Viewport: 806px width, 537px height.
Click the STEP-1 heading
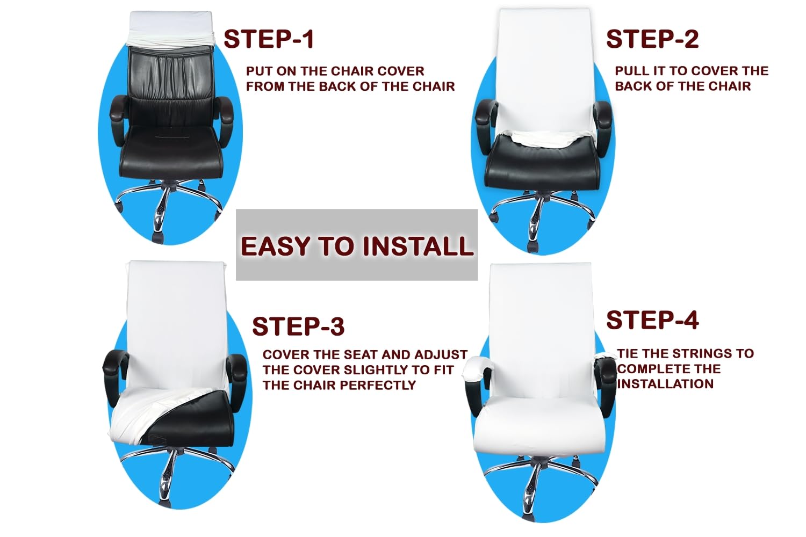[269, 39]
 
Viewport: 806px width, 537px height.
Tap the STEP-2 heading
[652, 39]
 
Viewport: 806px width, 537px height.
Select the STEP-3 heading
[298, 326]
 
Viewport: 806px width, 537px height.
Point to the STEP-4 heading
[652, 320]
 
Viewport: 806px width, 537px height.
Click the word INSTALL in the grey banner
[418, 246]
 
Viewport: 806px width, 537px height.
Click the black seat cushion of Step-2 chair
[543, 164]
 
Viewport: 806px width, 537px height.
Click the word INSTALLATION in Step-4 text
[665, 384]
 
